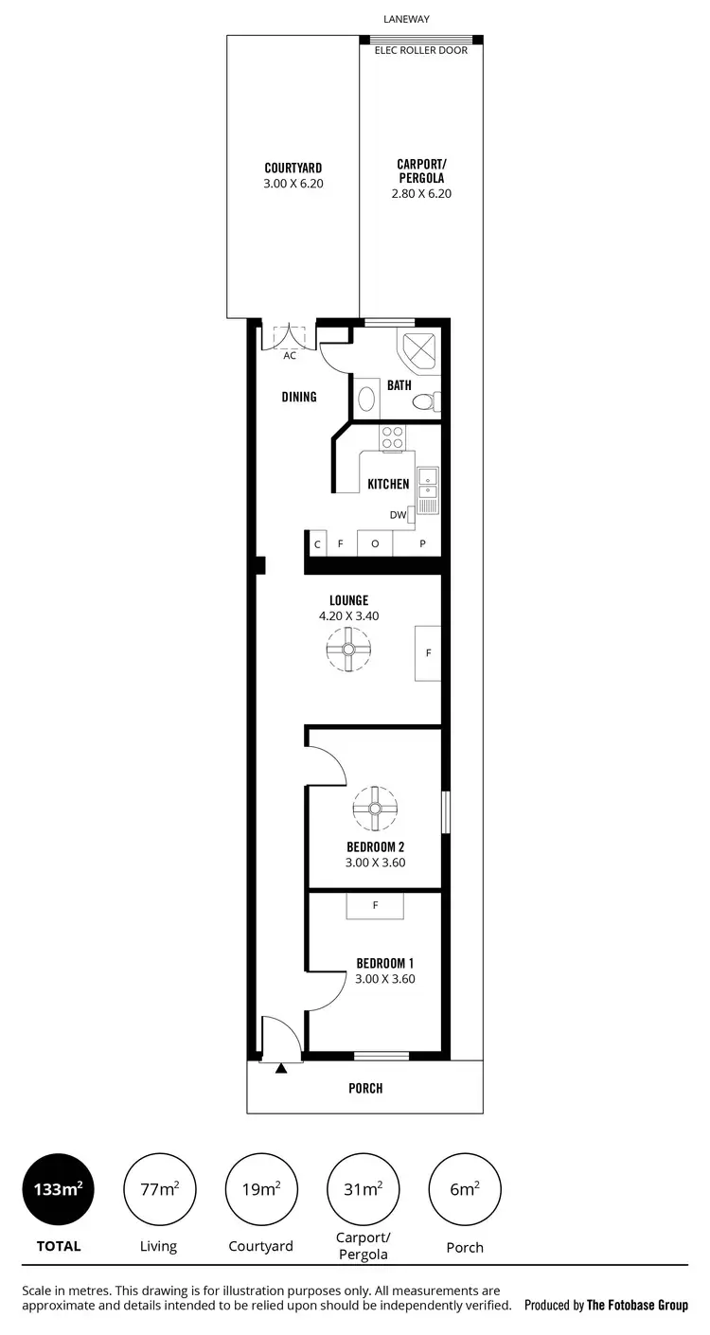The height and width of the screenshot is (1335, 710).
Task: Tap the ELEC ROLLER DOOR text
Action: point(421,50)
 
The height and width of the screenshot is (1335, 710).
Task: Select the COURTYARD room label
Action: point(293,168)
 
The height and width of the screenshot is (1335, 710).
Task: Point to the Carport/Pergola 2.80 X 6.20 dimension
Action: point(420,193)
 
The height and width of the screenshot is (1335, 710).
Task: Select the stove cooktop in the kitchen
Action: point(392,437)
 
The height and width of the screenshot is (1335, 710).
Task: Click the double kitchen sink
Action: point(428,490)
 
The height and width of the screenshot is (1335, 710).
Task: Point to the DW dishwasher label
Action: point(398,515)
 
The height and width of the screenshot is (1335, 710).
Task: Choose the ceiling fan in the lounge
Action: point(348,650)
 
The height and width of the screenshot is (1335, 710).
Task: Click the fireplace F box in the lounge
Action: point(428,653)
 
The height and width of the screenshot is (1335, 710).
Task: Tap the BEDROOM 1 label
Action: point(384,964)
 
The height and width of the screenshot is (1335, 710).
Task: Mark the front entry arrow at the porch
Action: point(281,1068)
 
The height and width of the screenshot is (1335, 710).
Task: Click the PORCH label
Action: point(365,1088)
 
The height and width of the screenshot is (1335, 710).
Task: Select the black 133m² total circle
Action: point(58,1190)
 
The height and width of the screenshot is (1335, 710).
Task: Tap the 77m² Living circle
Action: point(159,1190)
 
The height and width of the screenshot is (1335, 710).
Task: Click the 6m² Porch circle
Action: point(465,1190)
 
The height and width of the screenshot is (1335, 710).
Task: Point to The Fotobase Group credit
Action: point(637,1305)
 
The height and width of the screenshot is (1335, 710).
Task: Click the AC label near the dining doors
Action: point(290,356)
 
